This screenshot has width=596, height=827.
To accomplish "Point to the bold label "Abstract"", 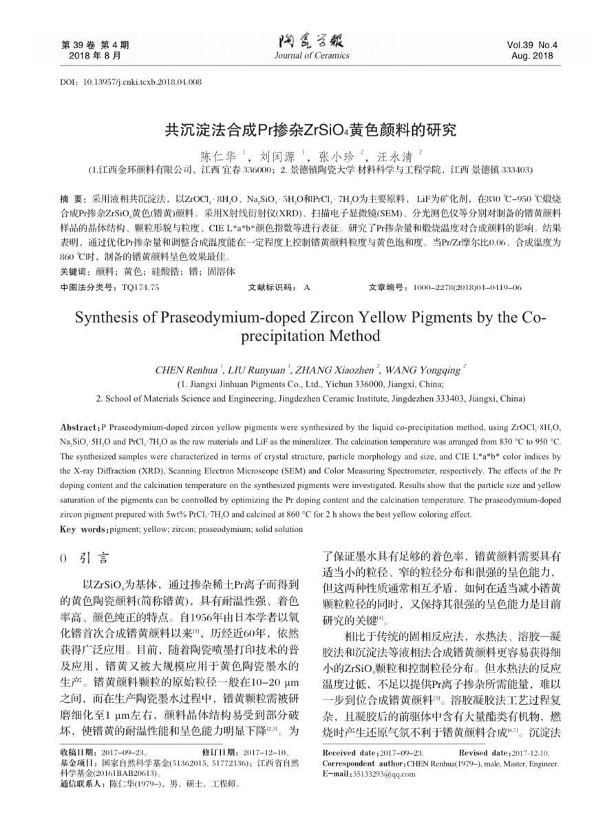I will click(x=80, y=428).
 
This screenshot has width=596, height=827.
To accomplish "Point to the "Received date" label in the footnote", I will click(x=348, y=753).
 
